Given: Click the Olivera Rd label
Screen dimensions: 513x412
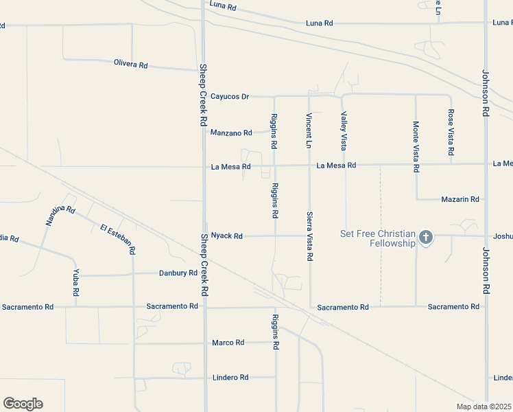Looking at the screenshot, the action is point(130,65).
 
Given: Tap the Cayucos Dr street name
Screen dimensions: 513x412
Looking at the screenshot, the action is point(230,97).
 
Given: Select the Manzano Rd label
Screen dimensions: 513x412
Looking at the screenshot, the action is point(232,133).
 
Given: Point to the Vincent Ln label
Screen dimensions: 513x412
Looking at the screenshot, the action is point(309,130).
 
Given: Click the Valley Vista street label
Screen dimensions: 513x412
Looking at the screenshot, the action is point(344,132).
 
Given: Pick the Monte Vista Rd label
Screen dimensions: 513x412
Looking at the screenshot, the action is point(416,146).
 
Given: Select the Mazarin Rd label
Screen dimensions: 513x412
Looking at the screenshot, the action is point(460,199).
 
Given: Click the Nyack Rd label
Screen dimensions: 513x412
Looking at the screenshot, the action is point(227,236).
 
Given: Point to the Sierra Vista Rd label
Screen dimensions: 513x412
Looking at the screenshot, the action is point(309,236).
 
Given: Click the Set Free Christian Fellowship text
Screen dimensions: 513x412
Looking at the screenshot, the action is point(379,238).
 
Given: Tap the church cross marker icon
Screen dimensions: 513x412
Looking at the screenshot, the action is point(425,238).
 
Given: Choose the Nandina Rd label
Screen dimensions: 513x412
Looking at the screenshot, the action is point(60,216).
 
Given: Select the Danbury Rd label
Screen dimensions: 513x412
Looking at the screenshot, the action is point(178,273).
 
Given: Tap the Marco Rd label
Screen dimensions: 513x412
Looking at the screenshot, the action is point(228,343).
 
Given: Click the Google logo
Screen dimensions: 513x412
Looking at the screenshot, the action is point(23,404).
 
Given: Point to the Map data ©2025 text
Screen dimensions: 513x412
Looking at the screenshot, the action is point(484,407).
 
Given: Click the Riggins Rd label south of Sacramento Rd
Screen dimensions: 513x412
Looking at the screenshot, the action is point(276,332).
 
